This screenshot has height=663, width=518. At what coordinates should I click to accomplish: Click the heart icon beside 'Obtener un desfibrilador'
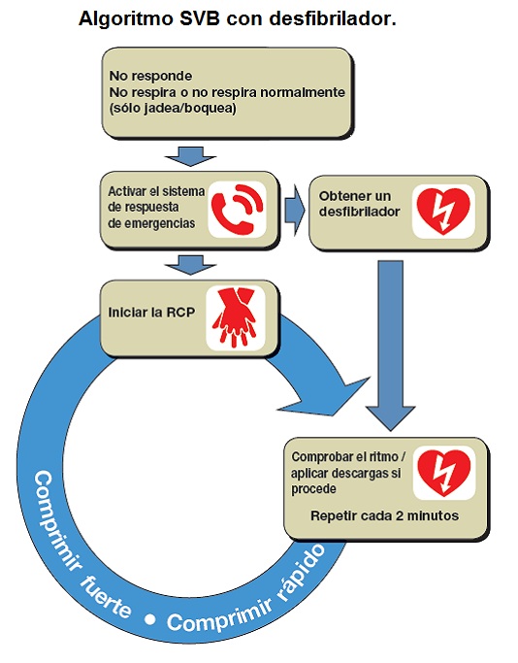point(442,209)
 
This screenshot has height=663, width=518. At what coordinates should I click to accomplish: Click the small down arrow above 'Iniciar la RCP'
point(182,263)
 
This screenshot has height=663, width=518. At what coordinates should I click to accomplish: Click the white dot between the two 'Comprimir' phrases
point(150,617)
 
